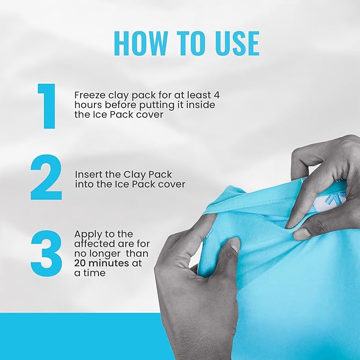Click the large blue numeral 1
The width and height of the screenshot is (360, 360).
[47, 106]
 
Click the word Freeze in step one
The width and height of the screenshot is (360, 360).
[87, 95]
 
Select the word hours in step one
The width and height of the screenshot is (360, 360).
[86, 105]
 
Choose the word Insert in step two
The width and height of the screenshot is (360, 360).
[86, 174]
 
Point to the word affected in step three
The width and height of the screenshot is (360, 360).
[92, 243]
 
